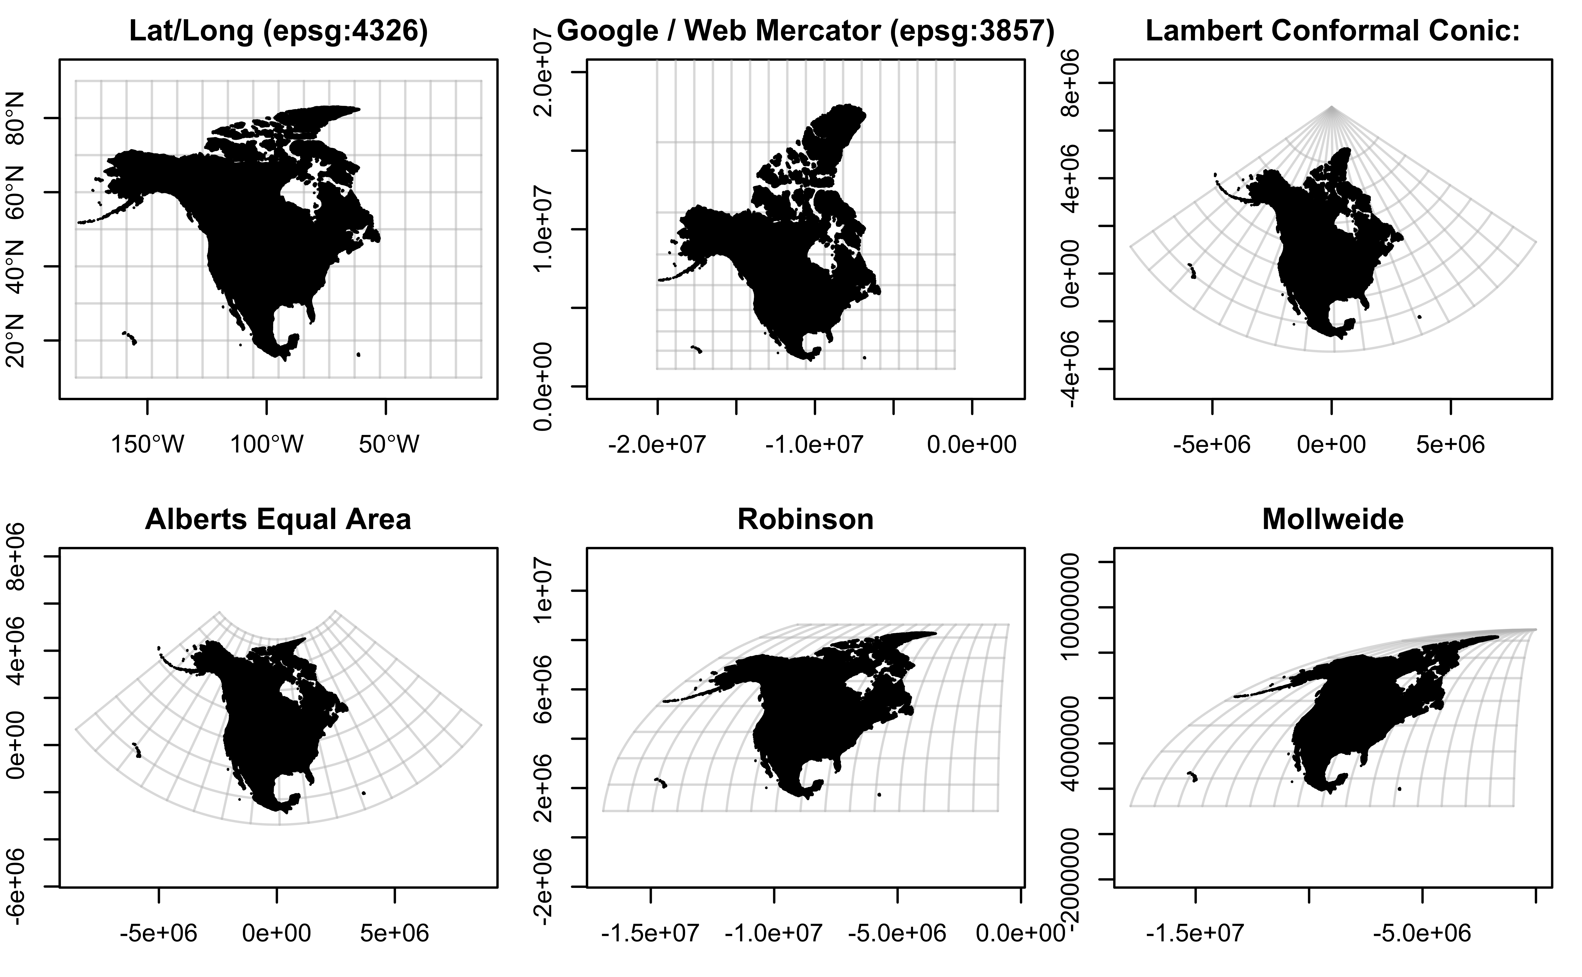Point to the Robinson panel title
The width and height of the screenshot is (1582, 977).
click(x=806, y=519)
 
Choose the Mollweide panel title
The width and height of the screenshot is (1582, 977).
click(x=1332, y=519)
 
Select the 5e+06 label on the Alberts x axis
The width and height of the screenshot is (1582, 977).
click(x=395, y=933)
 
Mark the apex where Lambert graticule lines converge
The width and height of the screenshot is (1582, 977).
click(x=1332, y=107)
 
